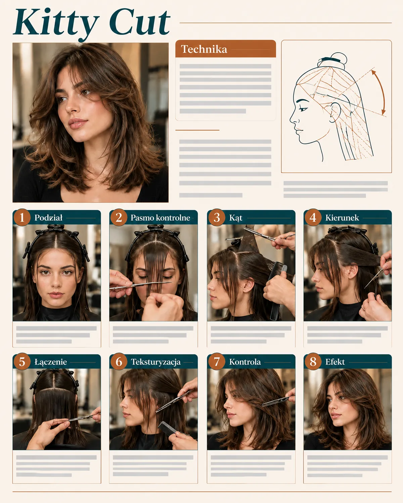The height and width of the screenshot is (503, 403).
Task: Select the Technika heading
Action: pos(204,49)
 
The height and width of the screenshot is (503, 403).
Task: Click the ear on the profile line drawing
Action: pos(335,112)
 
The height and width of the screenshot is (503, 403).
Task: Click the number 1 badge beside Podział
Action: pos(22,217)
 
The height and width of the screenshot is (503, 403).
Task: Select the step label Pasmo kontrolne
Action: pos(160,218)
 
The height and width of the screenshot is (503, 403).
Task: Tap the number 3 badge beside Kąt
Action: pos(217,217)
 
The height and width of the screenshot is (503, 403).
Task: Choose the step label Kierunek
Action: pos(342,218)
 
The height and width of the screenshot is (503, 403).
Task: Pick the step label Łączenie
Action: pos(51,362)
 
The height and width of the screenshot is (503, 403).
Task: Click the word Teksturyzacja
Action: pos(156,362)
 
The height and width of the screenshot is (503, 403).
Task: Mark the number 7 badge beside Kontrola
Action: pos(217,361)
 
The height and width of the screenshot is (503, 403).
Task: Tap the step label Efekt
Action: pos(335,362)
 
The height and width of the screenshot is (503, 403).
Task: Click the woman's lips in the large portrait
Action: pos(77,123)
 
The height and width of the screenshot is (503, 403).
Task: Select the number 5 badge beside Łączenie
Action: pos(22,361)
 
